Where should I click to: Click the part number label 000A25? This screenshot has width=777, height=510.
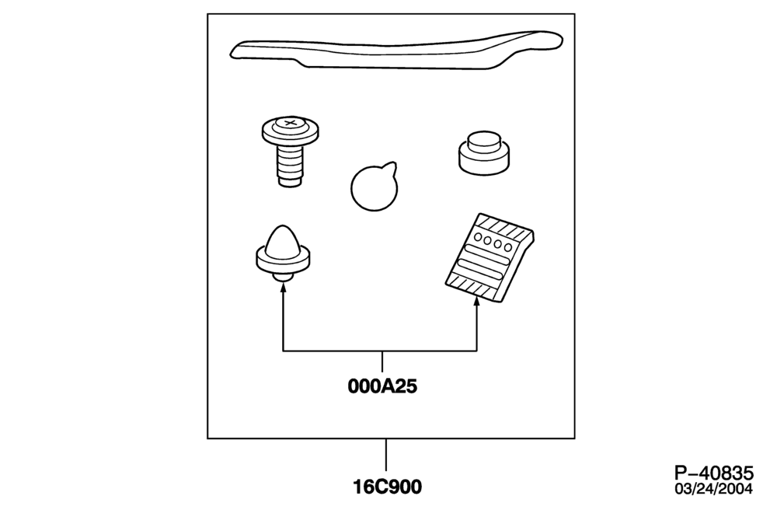(382, 386)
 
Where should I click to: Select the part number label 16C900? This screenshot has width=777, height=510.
(387, 487)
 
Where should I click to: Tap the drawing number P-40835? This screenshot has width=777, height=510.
(713, 473)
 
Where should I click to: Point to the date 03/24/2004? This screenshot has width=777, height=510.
(713, 489)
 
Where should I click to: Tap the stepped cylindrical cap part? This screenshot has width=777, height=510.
(483, 153)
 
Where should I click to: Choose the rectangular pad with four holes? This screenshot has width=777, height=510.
(490, 258)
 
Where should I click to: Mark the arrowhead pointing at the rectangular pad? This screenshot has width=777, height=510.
(477, 301)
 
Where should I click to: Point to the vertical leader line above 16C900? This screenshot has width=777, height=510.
(386, 455)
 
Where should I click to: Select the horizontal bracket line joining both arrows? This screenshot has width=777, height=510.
(380, 351)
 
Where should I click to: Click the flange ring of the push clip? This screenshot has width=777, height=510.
(284, 259)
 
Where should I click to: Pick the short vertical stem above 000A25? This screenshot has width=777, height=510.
(382, 362)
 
